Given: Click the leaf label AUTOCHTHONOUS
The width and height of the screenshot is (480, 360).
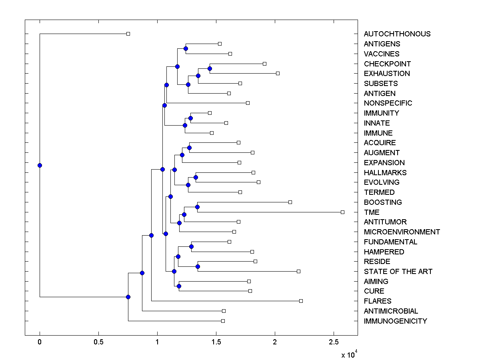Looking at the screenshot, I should pyautogui.click(x=397, y=34).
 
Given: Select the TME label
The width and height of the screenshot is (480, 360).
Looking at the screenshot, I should pyautogui.click(x=372, y=212).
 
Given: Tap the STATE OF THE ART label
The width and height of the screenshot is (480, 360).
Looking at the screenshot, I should pyautogui.click(x=398, y=271).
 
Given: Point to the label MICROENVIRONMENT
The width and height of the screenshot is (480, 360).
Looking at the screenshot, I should pyautogui.click(x=402, y=232).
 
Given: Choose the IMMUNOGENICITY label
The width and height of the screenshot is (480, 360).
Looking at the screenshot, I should pyautogui.click(x=395, y=321).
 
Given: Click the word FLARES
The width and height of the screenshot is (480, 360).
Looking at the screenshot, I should pyautogui.click(x=378, y=301).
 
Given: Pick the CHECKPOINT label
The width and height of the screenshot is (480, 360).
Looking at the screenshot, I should pyautogui.click(x=387, y=64).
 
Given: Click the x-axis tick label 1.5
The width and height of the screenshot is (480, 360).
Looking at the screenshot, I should pyautogui.click(x=216, y=342).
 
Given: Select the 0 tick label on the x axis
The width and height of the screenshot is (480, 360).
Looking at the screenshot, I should pyautogui.click(x=40, y=342).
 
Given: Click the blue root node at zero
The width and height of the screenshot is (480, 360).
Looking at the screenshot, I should pyautogui.click(x=40, y=165).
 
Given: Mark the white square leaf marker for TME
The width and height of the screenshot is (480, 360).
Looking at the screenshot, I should pyautogui.click(x=342, y=212).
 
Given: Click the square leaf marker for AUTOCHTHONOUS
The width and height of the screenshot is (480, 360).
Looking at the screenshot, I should pyautogui.click(x=128, y=34).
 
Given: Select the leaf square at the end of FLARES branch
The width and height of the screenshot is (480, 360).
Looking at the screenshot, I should pyautogui.click(x=301, y=301).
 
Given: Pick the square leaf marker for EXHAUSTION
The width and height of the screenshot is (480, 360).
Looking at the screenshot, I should pyautogui.click(x=278, y=73).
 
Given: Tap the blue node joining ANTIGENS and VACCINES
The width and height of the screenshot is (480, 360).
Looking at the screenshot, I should pyautogui.click(x=186, y=48).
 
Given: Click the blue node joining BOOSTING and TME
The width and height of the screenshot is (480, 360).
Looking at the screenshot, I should pyautogui.click(x=197, y=207).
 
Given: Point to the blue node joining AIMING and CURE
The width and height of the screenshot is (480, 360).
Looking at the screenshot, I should pyautogui.click(x=179, y=286).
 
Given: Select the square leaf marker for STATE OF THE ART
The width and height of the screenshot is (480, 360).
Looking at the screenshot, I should pyautogui.click(x=298, y=271).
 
